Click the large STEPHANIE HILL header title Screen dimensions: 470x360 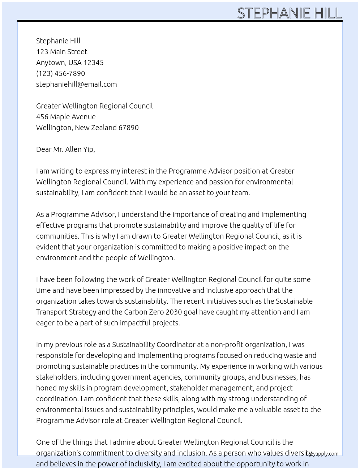click(289, 13)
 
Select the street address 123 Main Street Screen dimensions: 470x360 click(61, 52)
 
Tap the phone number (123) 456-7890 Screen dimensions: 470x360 click(60, 73)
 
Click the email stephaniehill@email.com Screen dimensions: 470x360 click(76, 84)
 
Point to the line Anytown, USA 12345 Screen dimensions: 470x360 click(70, 63)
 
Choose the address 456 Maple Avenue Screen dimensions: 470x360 click(66, 117)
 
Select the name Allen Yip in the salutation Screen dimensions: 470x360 click(80, 149)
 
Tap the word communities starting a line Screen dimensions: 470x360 click(57, 236)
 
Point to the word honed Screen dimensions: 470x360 click(47, 388)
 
